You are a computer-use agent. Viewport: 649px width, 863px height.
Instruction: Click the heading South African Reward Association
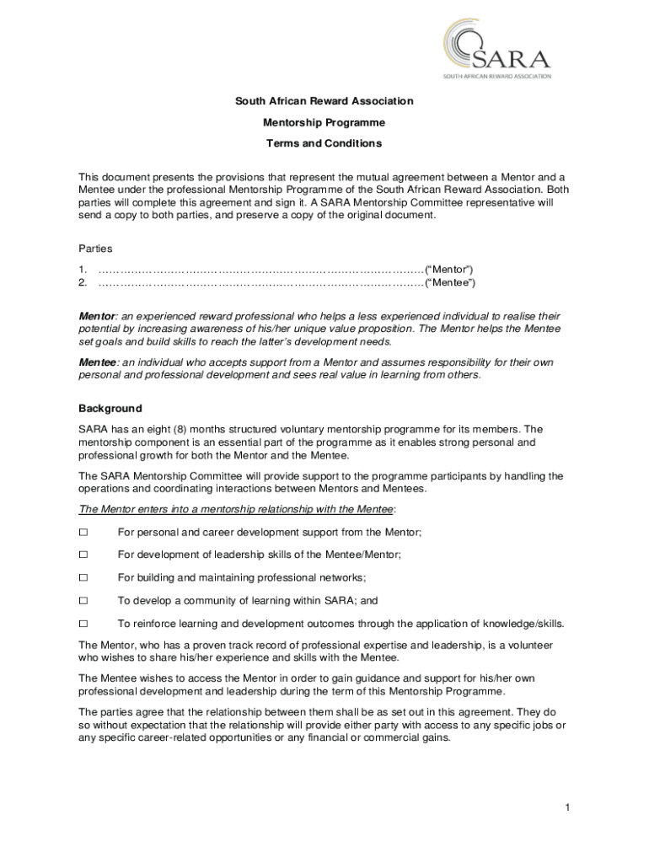click(324, 101)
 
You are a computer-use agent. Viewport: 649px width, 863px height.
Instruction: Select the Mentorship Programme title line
click(324, 122)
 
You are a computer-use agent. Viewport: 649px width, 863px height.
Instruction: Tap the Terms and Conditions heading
click(324, 143)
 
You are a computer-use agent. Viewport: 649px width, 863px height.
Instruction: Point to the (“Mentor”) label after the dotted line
click(454, 269)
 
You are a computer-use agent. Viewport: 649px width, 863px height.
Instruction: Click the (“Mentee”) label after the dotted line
click(454, 282)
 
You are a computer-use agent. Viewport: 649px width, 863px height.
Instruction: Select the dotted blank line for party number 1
click(261, 269)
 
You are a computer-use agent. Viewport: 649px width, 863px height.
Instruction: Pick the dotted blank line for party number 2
click(261, 282)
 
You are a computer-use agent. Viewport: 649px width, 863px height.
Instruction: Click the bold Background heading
click(110, 409)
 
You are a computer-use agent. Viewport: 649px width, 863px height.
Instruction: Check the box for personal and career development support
click(83, 533)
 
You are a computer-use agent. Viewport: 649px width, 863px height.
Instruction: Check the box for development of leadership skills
click(83, 555)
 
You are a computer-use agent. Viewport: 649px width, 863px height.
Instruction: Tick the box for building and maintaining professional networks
click(83, 578)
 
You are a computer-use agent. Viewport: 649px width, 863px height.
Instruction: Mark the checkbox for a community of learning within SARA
click(83, 601)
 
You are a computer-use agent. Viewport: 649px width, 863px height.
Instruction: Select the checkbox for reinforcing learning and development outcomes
click(83, 624)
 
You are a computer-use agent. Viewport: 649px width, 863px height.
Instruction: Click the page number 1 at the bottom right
click(568, 808)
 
